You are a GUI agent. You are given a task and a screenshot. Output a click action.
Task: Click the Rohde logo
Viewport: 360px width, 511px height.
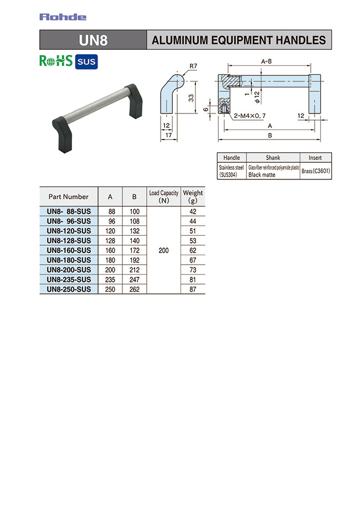coord(63,17)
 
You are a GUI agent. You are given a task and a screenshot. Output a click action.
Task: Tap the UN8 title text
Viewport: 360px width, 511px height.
coord(94,40)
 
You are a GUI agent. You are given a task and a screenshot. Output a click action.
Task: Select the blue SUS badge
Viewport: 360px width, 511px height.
coord(86,61)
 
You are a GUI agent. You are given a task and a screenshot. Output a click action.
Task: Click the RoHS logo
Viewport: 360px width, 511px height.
coord(56,61)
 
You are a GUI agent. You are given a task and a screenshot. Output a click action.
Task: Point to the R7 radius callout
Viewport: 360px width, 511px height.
coord(193,66)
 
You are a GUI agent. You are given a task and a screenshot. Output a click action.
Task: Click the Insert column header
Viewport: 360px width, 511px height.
coord(316,158)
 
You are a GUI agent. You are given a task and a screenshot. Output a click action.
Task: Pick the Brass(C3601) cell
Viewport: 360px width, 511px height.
coord(316,171)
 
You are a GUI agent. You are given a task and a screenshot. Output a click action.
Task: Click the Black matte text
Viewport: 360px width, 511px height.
coord(262,174)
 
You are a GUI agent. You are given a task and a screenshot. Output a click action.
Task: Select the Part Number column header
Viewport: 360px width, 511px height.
coord(69,197)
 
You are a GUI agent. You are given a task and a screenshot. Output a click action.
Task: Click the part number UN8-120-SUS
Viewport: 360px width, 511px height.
coord(69,230)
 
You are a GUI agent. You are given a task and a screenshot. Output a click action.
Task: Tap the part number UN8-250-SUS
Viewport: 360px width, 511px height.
coord(69,289)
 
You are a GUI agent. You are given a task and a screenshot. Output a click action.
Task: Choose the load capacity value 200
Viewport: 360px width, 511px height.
coord(163,250)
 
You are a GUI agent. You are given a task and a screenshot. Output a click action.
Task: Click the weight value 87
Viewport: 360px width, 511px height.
coord(193,289)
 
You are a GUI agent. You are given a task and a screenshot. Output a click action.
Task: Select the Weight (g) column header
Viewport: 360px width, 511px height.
coord(193,197)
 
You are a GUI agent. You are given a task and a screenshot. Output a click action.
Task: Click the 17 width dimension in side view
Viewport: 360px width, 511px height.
coord(168,135)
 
